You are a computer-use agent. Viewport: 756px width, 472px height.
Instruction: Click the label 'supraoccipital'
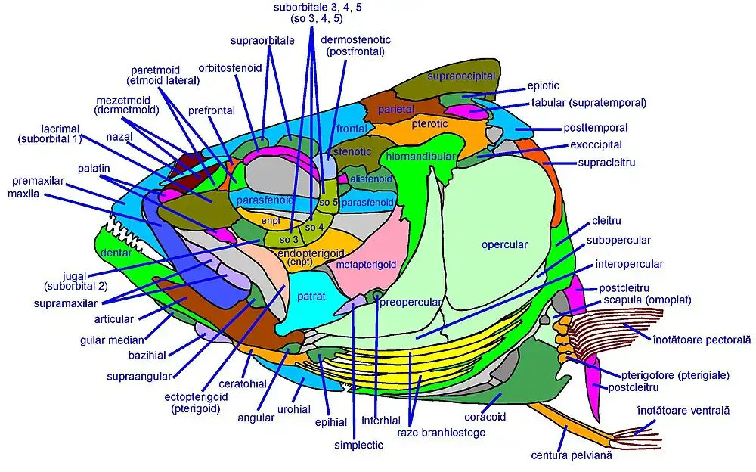(x=461, y=76)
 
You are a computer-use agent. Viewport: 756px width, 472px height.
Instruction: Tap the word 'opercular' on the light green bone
(x=504, y=244)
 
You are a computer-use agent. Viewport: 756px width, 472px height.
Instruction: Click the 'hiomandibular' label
(x=420, y=156)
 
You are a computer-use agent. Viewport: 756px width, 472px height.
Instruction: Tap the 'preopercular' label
(x=411, y=303)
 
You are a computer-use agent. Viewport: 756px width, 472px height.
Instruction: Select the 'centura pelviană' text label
(x=571, y=455)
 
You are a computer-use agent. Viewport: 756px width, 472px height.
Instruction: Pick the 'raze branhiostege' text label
(x=441, y=433)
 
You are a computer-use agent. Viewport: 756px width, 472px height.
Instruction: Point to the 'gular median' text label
(x=114, y=340)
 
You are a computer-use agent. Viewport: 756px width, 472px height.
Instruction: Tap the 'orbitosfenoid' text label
(x=230, y=68)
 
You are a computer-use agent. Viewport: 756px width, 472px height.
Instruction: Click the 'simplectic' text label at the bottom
(x=358, y=446)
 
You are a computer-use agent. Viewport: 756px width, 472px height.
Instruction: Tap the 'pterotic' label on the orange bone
(x=429, y=124)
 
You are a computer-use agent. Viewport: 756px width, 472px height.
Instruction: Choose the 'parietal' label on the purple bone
(x=396, y=110)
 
